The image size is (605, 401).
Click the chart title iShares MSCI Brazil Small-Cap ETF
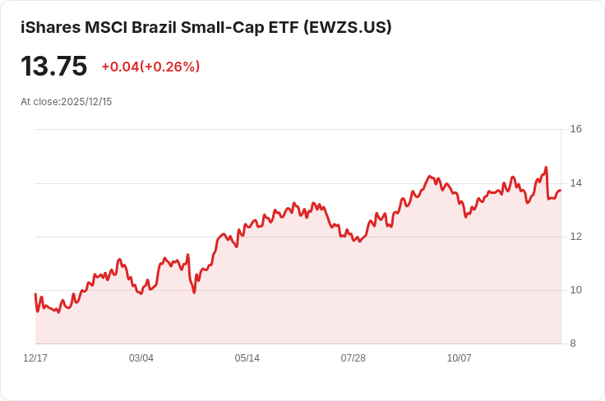tap(160, 27)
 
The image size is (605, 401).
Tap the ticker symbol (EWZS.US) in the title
tap(347, 27)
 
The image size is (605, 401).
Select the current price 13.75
tap(54, 66)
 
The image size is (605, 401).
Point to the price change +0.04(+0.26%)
tap(150, 67)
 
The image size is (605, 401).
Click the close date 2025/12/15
tap(86, 102)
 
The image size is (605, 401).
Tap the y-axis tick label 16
tap(575, 129)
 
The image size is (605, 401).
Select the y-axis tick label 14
tap(575, 182)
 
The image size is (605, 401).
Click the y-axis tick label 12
tap(575, 237)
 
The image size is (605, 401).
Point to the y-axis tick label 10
tap(575, 290)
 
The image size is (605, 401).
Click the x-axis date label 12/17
tap(35, 358)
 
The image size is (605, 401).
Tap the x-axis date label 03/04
tap(141, 358)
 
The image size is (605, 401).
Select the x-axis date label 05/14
tap(247, 358)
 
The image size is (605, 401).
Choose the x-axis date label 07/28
tap(353, 358)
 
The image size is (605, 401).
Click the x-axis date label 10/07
tap(459, 358)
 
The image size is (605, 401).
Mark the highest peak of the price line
tap(546, 168)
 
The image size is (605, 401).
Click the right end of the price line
tap(561, 191)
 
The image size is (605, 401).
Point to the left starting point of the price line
tap(35, 293)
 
